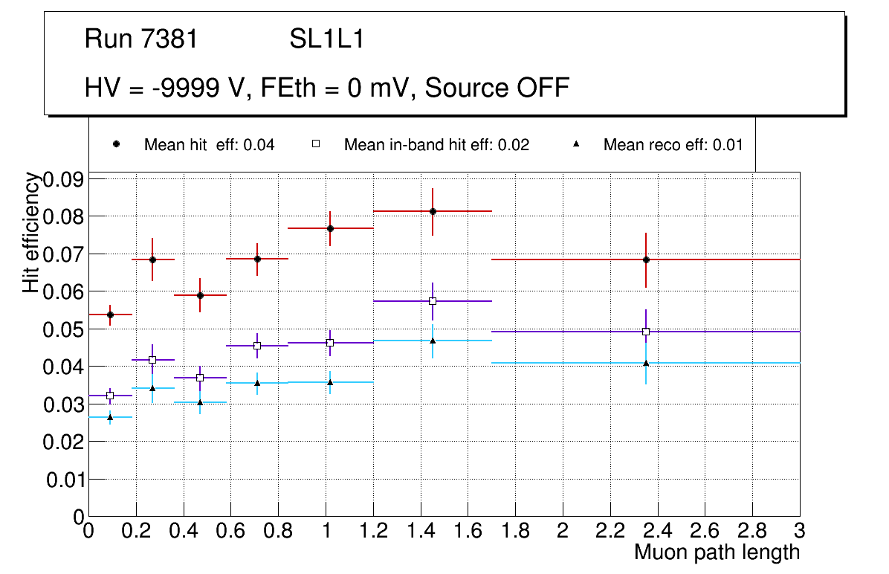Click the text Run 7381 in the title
click(x=141, y=39)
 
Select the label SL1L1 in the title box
click(x=327, y=39)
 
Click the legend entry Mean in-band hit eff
click(x=436, y=145)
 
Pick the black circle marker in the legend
click(x=116, y=144)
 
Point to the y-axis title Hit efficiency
click(x=31, y=232)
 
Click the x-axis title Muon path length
click(x=717, y=552)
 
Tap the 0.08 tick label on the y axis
click(x=64, y=216)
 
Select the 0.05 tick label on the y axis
click(x=64, y=329)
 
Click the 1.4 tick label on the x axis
click(x=420, y=531)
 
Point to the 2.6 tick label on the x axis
click(x=705, y=531)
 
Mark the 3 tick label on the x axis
click(x=800, y=531)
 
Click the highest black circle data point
click(x=433, y=211)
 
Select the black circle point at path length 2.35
click(x=646, y=259)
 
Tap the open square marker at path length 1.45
click(x=433, y=301)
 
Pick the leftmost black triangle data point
click(x=110, y=417)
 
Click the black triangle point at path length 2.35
click(x=646, y=363)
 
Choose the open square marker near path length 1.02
click(x=330, y=343)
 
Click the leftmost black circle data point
click(x=110, y=315)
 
